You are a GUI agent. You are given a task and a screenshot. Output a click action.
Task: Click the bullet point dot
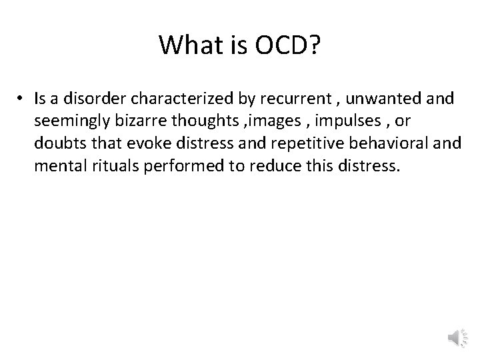tap(22, 99)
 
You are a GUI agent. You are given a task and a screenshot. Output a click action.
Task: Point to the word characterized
tap(168, 99)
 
